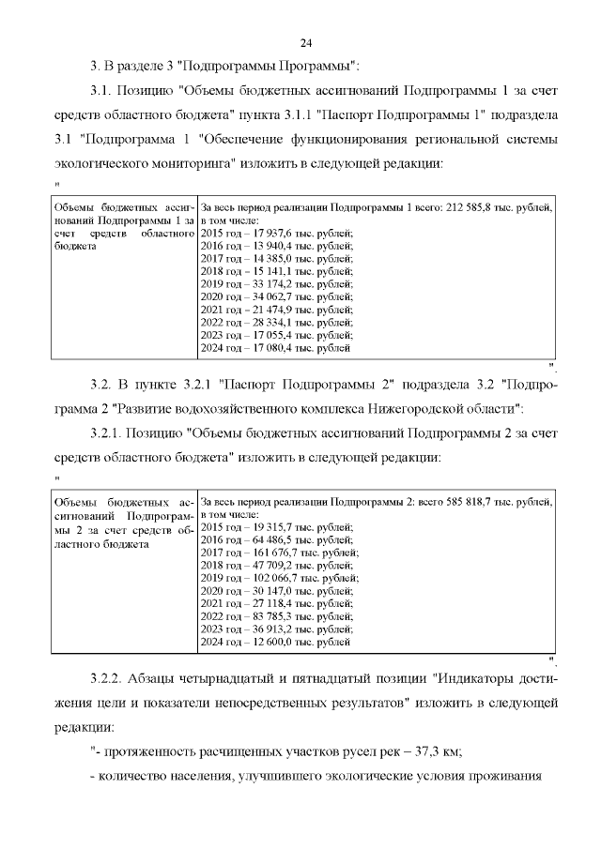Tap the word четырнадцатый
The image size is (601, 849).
tap(251, 677)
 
